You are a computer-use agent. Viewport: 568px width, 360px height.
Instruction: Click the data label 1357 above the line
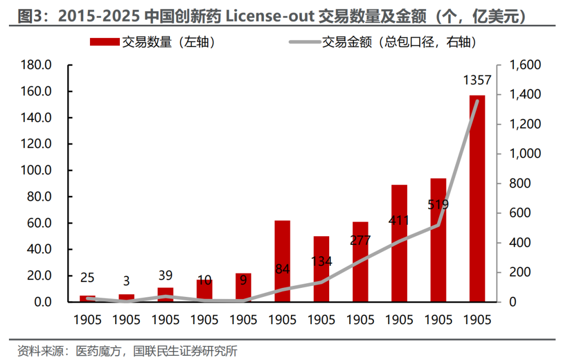coord(477,81)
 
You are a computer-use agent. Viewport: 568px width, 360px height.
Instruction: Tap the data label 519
coord(438,204)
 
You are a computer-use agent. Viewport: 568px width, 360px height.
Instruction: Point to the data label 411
coord(399,220)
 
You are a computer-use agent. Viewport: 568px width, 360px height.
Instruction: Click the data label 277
coord(360,240)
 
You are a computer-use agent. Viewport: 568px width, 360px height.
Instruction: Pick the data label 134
coord(321,261)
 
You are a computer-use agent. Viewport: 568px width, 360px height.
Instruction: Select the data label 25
coord(88,277)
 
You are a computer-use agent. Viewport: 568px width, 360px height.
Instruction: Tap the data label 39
coord(166,275)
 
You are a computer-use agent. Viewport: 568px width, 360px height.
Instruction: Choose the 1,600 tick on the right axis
coord(525,65)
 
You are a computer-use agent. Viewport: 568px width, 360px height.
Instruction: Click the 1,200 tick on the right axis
coord(525,124)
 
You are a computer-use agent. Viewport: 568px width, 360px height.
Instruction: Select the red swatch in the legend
coord(105,43)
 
